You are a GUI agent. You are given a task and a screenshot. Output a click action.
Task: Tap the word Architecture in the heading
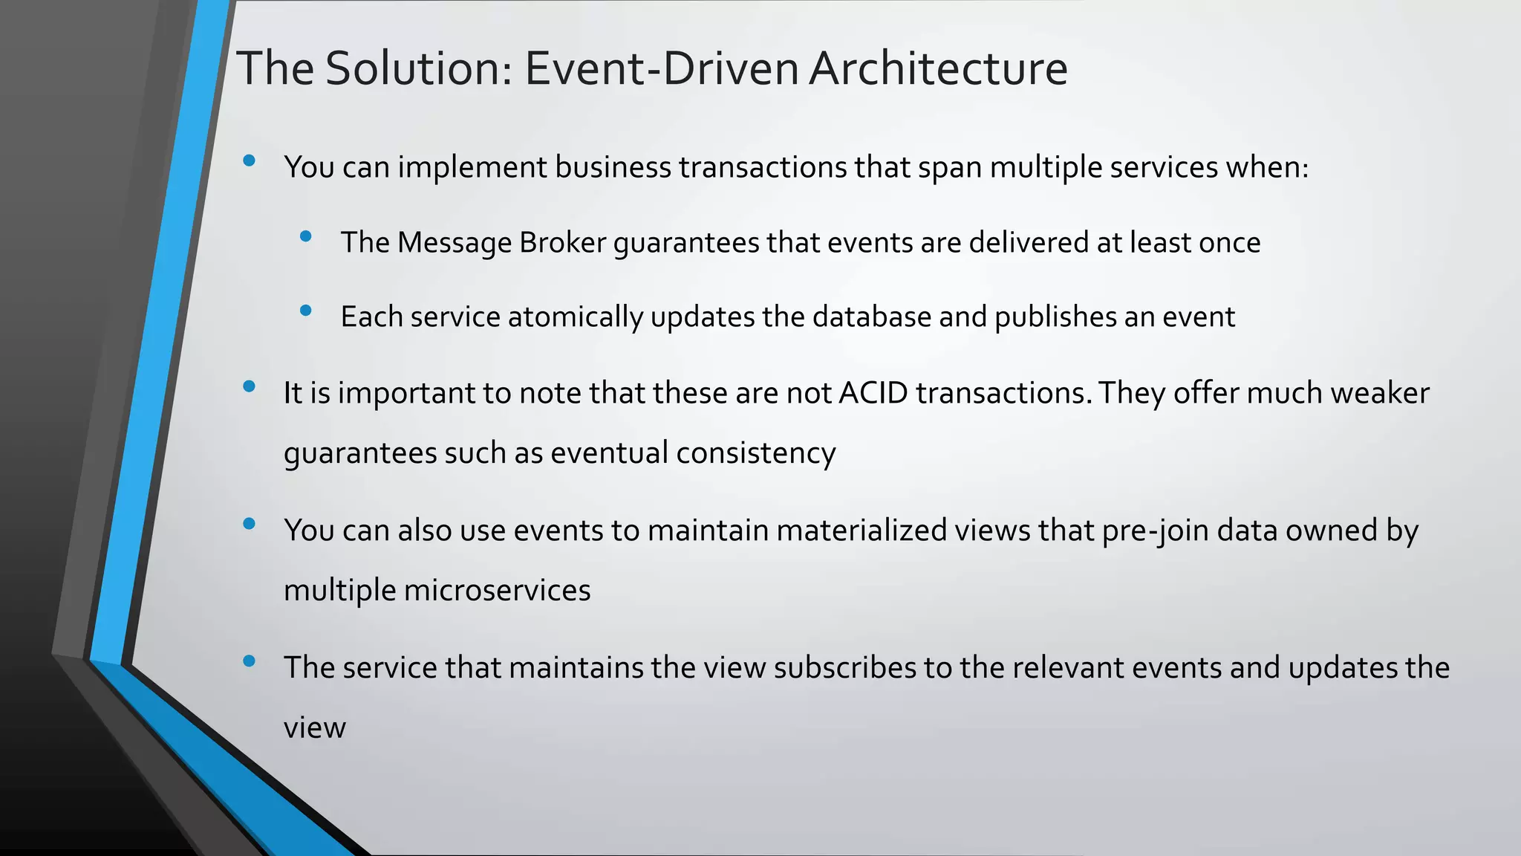pos(938,68)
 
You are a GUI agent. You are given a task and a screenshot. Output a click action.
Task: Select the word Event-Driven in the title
pos(662,68)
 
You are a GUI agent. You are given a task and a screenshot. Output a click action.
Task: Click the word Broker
pos(562,243)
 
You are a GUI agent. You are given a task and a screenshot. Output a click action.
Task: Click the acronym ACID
pos(873,393)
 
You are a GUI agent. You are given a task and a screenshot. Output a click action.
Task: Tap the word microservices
pos(497,591)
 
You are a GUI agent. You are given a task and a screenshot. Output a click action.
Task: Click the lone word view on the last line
pos(314,727)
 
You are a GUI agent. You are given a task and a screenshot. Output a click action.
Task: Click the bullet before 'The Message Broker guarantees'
pos(305,237)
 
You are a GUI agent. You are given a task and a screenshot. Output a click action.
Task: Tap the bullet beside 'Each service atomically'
pos(305,311)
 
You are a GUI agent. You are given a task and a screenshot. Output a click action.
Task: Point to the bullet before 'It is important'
pos(249,386)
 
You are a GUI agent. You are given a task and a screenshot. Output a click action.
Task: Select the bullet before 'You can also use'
pos(249,524)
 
